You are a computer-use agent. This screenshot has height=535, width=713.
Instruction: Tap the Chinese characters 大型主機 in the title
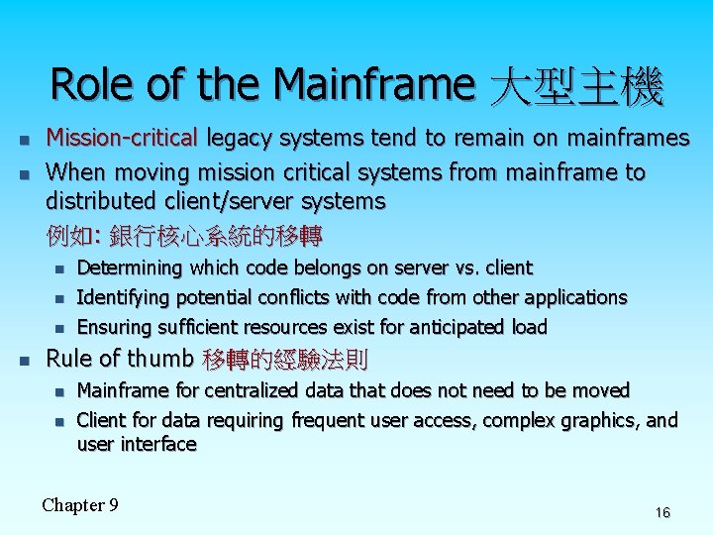tap(577, 87)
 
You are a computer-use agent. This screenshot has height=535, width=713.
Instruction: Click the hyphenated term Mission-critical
tap(123, 137)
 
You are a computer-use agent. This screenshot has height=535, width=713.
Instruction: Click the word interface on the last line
tap(158, 444)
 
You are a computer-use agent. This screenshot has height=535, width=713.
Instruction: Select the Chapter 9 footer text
tap(80, 505)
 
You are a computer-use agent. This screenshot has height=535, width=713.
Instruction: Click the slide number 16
tap(662, 512)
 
